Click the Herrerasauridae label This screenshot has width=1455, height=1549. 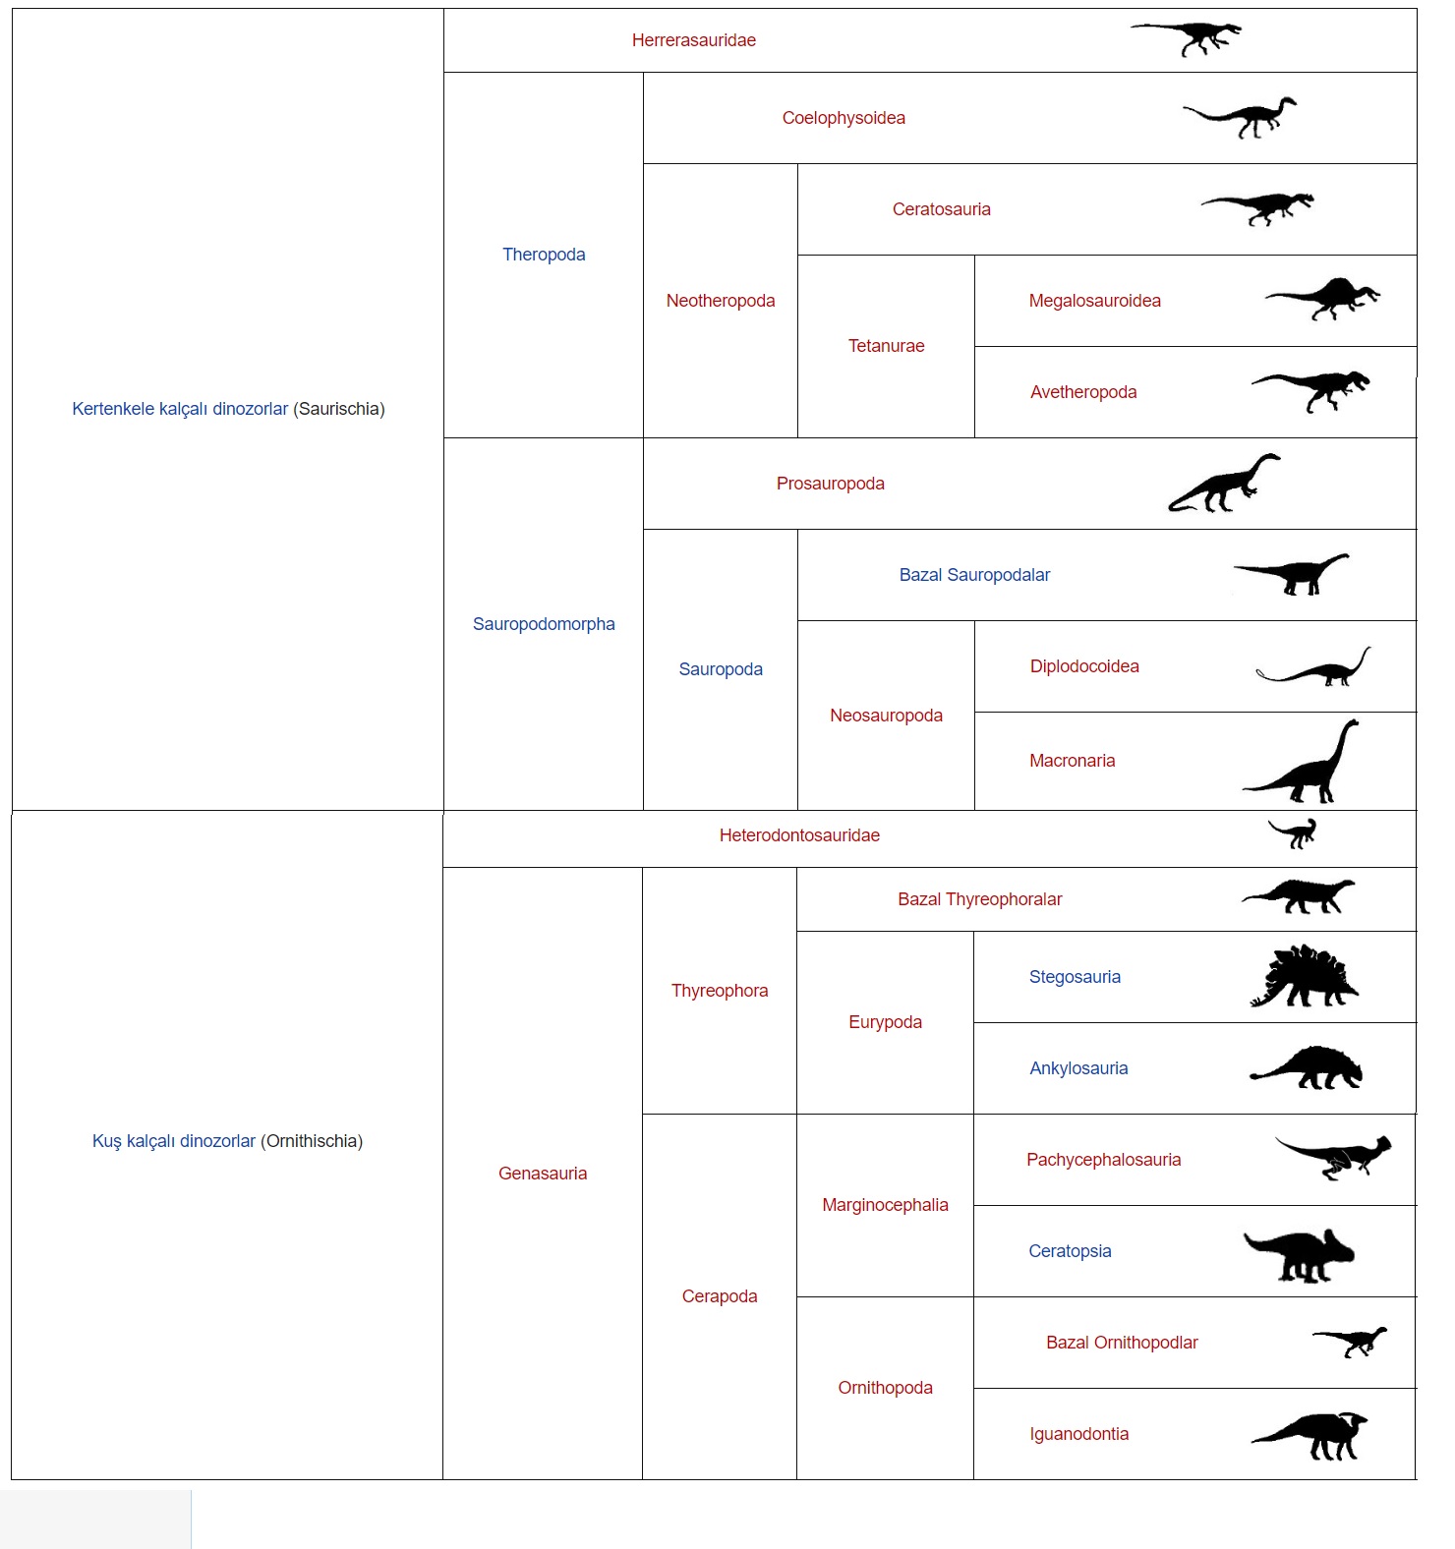pyautogui.click(x=693, y=40)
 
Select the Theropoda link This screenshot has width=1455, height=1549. pyautogui.click(x=544, y=255)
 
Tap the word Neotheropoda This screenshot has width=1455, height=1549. pyautogui.click(x=721, y=301)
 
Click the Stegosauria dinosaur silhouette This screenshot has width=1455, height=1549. pyautogui.click(x=1304, y=978)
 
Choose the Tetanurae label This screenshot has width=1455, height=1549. pyautogui.click(x=886, y=346)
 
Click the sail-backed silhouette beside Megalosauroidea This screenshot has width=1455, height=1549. pyautogui.click(x=1323, y=299)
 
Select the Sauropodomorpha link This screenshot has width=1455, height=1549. pyautogui.click(x=544, y=624)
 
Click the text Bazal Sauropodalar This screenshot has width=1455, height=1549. pyautogui.click(x=974, y=575)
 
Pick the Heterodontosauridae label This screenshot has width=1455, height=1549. pyautogui.click(x=799, y=835)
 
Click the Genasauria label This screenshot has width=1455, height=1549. pyautogui.click(x=543, y=1174)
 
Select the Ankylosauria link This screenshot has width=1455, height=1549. pyautogui.click(x=1078, y=1068)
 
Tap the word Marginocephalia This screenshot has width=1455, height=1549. pyautogui.click(x=885, y=1205)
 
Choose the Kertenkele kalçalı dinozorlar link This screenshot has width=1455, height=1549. pyautogui.click(x=180, y=409)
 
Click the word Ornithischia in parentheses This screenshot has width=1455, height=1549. pyautogui.click(x=312, y=1141)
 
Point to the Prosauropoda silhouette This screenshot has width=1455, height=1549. pyautogui.click(x=1224, y=485)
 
